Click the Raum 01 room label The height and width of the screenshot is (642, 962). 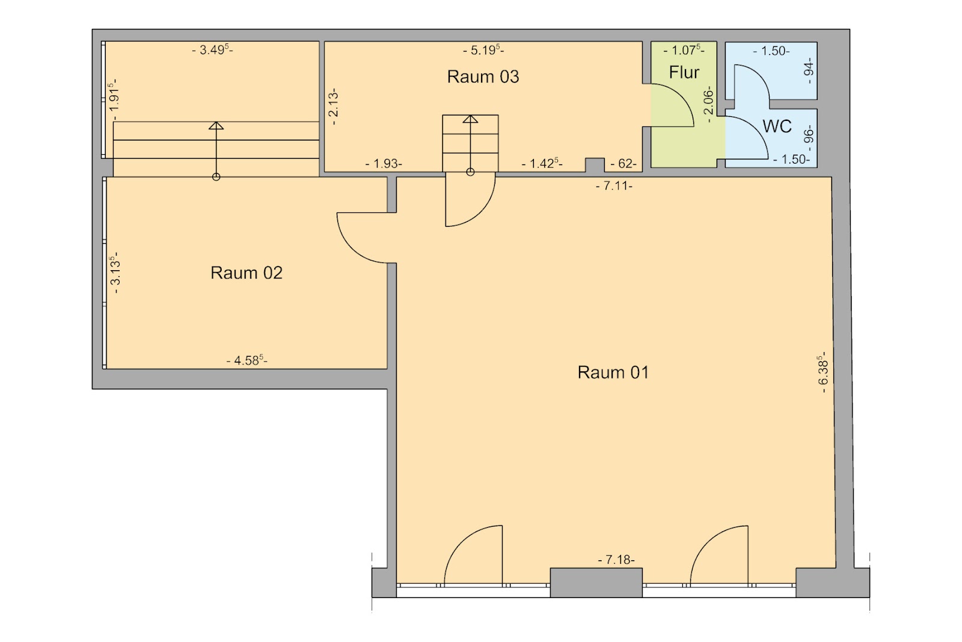coord(613,372)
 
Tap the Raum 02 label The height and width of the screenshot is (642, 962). coord(246,273)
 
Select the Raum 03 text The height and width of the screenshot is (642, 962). coord(483,77)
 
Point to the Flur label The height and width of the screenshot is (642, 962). coord(684,72)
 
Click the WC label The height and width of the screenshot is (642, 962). coord(777,126)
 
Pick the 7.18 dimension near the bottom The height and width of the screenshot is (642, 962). coord(616,560)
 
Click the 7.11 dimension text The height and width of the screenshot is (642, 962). coord(614,186)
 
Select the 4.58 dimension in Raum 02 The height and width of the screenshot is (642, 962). coord(247,360)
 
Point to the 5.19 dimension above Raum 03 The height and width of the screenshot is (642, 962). coord(483,50)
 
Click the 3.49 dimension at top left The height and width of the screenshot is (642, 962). coord(213,49)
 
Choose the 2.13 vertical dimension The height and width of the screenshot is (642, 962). coord(334,106)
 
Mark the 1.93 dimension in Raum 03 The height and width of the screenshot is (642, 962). coord(384,164)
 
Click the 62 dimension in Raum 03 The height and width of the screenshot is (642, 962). coord(623,164)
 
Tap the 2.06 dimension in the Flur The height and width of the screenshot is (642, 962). coord(709,104)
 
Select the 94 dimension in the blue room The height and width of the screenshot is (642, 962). coord(809,71)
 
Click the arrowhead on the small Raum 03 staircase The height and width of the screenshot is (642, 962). coord(470,119)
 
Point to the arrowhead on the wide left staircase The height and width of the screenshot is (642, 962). coord(216,126)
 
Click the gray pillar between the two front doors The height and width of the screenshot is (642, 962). coord(596,582)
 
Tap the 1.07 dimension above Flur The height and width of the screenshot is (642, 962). coord(684,51)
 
